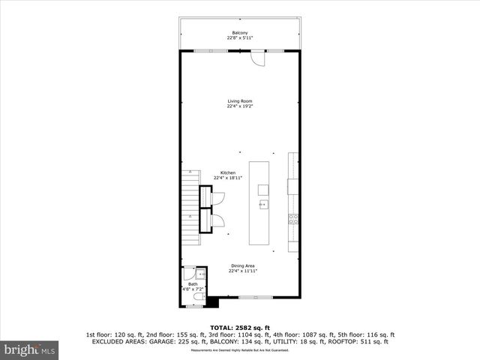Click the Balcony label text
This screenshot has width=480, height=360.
point(240,32)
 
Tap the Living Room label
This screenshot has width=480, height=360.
point(240,100)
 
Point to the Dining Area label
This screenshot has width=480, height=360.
point(244,266)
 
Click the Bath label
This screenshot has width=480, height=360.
point(193,284)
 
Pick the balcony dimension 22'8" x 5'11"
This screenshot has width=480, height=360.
point(240,37)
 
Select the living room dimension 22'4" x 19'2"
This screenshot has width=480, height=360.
point(240,106)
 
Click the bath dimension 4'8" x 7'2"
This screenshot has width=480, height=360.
point(193,289)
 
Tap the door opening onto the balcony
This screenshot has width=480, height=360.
point(257,58)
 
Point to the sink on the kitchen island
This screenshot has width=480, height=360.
point(263,203)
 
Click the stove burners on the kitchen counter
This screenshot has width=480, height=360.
point(293,219)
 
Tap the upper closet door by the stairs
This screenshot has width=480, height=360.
point(217,198)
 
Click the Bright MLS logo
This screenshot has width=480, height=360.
point(30,349)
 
